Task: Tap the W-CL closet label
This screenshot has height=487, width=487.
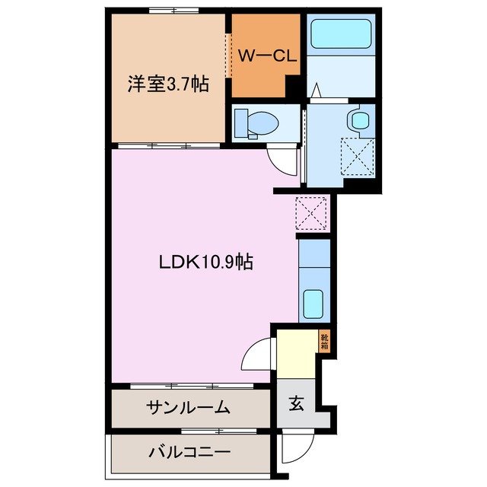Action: point(263,55)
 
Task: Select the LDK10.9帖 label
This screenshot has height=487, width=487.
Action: point(205,263)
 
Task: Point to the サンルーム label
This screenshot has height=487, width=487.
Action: point(188,408)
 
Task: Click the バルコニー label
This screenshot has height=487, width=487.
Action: point(188,451)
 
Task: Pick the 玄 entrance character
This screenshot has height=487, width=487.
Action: point(295,404)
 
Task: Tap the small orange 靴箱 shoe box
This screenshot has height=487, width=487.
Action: point(324,341)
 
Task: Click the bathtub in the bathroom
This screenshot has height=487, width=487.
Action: point(340,35)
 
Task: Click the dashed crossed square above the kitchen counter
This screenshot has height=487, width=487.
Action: point(310,212)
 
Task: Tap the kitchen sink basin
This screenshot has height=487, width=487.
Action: point(314,304)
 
